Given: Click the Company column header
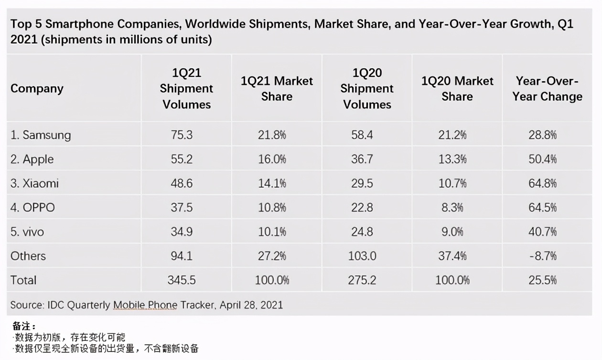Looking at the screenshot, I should (x=37, y=89).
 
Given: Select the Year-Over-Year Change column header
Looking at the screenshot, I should (x=547, y=89).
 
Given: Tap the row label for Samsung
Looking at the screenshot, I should (x=41, y=135).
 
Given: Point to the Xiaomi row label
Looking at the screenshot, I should (x=34, y=183).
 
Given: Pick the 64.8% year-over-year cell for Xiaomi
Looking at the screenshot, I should (x=542, y=183).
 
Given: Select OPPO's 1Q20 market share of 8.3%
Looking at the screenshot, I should (x=452, y=208).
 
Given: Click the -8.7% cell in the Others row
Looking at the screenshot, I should (x=542, y=256).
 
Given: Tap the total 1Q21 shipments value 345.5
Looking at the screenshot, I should (x=182, y=280).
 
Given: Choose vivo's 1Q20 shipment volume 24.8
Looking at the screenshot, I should (x=362, y=232).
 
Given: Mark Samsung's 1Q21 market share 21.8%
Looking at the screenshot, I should (x=272, y=135).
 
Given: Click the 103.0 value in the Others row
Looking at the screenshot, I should (x=362, y=256).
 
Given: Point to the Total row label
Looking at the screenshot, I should (x=23, y=280).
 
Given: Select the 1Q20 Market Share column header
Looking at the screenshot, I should (x=457, y=89).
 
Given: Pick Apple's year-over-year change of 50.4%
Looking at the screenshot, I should (x=542, y=159).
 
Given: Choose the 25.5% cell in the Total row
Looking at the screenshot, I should (x=542, y=280).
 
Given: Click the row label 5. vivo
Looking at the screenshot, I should (x=27, y=232).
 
